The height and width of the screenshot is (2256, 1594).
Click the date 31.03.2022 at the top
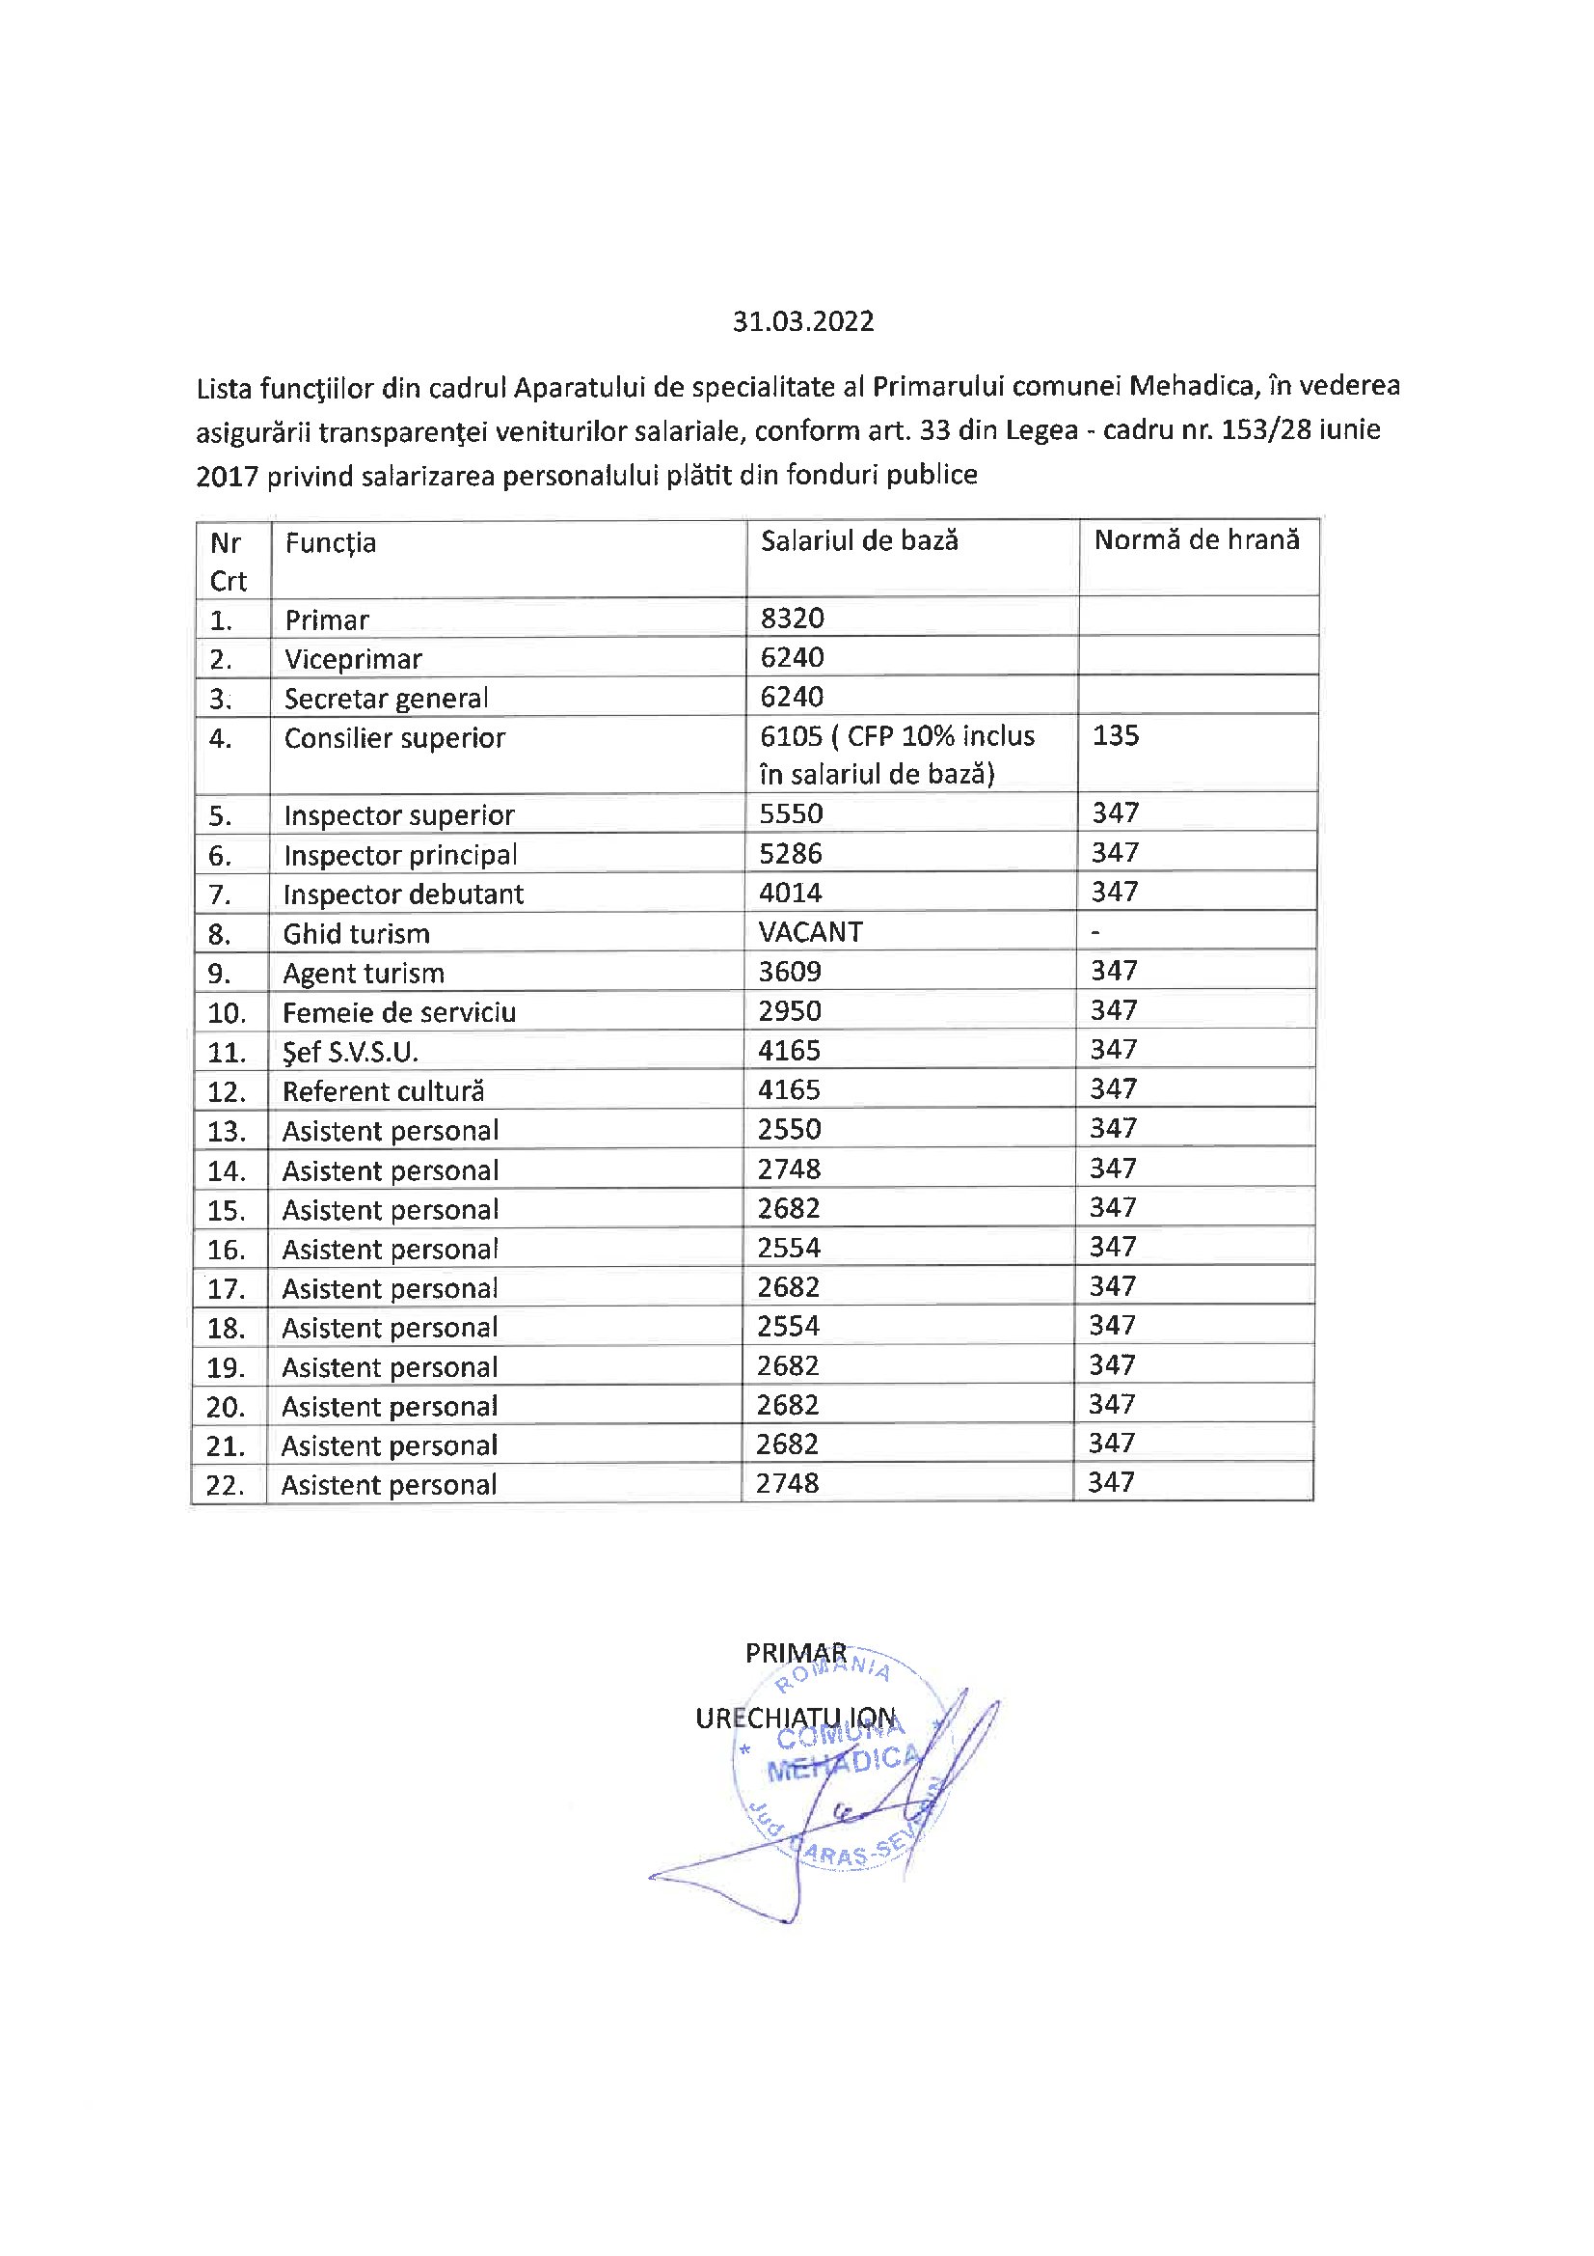pyautogui.click(x=802, y=322)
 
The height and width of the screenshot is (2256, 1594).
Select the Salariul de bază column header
pyautogui.click(x=859, y=541)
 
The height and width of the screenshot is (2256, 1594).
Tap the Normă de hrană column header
pyautogui.click(x=1197, y=540)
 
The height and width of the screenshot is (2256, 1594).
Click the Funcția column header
pyautogui.click(x=330, y=543)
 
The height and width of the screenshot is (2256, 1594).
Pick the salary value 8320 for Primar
pyautogui.click(x=792, y=619)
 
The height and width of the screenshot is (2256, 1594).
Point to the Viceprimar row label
pyautogui.click(x=353, y=659)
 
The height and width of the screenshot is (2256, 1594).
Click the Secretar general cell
pyautogui.click(x=386, y=699)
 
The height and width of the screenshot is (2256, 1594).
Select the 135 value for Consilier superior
pyautogui.click(x=1116, y=736)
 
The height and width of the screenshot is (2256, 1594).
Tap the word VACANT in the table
pyautogui.click(x=810, y=932)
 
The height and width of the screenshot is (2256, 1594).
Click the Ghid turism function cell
pyautogui.click(x=356, y=933)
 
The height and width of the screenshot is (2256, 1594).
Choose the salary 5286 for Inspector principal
pyautogui.click(x=791, y=854)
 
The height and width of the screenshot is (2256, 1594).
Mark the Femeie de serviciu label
pyautogui.click(x=399, y=1012)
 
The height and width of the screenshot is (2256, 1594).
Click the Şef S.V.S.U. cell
pyautogui.click(x=350, y=1053)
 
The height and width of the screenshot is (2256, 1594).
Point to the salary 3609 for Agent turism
pyautogui.click(x=790, y=972)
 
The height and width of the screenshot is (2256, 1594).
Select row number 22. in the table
pyautogui.click(x=226, y=1485)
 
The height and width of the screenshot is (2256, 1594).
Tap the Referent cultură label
pyautogui.click(x=383, y=1091)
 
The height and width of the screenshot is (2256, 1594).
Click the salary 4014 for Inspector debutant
pyautogui.click(x=791, y=894)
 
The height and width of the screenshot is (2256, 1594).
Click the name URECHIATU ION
pyautogui.click(x=796, y=1719)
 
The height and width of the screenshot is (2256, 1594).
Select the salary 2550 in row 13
pyautogui.click(x=789, y=1129)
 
